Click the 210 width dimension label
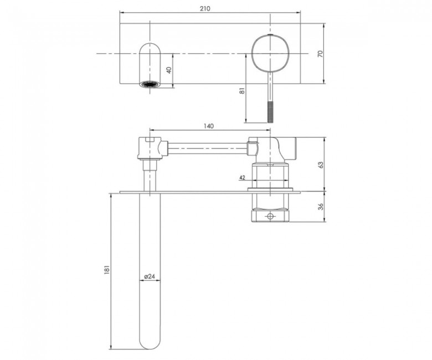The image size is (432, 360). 205,8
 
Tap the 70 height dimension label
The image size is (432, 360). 320,54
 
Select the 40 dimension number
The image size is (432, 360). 169,70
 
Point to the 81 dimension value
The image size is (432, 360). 242,91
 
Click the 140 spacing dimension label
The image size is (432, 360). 209,126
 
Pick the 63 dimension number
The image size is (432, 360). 321,164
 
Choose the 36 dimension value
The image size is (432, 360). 321,207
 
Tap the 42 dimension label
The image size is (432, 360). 242,178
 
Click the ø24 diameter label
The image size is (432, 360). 150,276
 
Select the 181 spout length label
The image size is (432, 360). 107,269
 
